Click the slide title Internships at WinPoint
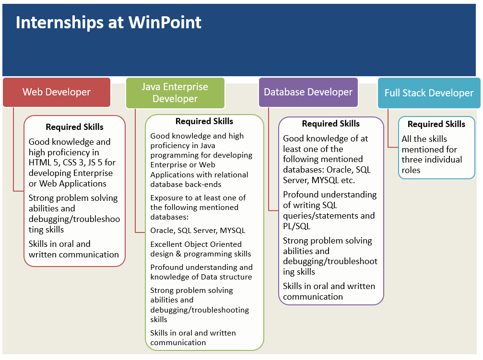pyautogui.click(x=108, y=23)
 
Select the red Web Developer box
pyautogui.click(x=57, y=92)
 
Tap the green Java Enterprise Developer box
pyautogui.click(x=175, y=93)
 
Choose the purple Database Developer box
pyautogui.click(x=308, y=92)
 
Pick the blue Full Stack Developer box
pyautogui.click(x=429, y=93)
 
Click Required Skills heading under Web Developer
pyautogui.click(x=74, y=127)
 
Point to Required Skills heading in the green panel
pyautogui.click(x=204, y=121)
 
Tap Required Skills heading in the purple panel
pyautogui.click(x=331, y=124)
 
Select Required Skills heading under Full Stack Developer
pyautogui.click(x=436, y=124)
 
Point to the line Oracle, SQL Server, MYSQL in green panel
pyautogui.click(x=198, y=231)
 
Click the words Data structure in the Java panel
pyautogui.click(x=228, y=277)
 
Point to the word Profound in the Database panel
pyautogui.click(x=301, y=195)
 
